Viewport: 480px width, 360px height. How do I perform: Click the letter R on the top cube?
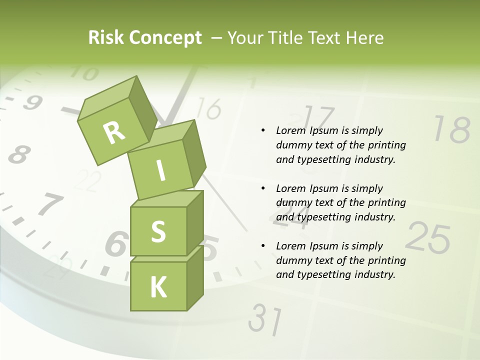(114, 133)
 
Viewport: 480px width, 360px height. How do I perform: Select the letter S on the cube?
(158, 231)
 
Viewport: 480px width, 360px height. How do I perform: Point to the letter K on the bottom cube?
(158, 287)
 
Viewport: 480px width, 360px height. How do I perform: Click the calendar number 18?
(451, 130)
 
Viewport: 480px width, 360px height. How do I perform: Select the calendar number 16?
(209, 108)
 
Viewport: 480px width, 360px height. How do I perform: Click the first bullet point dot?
(263, 131)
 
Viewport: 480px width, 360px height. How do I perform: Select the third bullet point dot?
(263, 246)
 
